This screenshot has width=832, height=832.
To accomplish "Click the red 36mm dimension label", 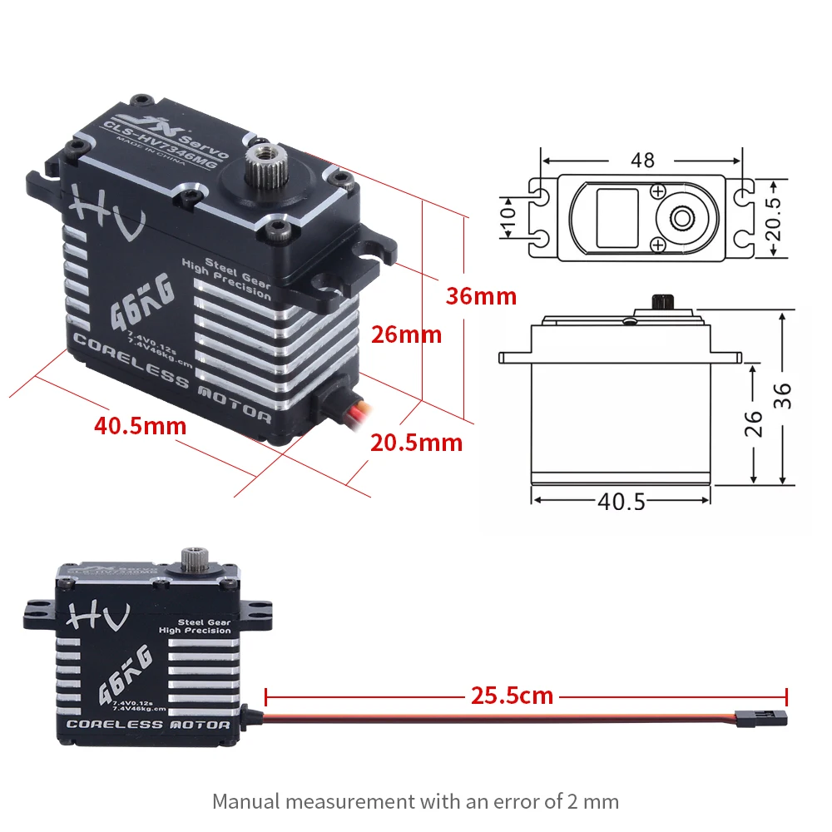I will point(481,296).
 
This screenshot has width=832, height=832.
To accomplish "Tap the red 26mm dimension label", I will point(406,334).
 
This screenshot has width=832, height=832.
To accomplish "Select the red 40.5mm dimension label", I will point(140,426).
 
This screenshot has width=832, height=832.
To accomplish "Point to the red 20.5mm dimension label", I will point(416,442).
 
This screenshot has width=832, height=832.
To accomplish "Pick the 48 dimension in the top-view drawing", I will point(642,160).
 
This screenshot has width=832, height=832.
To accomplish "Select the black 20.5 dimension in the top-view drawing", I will point(774,218).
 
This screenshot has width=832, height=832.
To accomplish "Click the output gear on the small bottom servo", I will point(193,559).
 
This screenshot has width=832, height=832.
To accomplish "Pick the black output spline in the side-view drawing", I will point(663,300).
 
